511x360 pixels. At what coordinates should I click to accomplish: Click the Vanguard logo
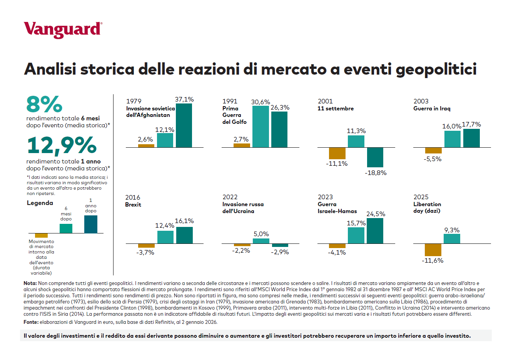[63, 30]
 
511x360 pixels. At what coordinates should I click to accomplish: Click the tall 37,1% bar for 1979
[184, 125]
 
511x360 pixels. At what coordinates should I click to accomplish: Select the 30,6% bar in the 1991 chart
[261, 127]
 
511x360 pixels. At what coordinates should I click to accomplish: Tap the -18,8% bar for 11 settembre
[375, 157]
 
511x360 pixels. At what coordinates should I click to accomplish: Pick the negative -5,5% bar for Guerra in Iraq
[433, 150]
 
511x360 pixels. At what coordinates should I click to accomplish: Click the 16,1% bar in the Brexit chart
[184, 235]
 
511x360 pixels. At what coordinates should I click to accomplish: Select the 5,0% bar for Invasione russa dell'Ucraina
[261, 241]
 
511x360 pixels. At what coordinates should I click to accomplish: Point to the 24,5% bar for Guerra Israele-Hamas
[375, 231]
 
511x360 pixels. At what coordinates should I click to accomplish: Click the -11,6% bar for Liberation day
[433, 250]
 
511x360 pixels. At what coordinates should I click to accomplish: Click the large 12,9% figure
[62, 145]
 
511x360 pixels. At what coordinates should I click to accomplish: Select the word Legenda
[40, 203]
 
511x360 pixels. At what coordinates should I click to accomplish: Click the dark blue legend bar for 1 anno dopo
[91, 224]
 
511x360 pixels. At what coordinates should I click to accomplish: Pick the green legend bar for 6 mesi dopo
[66, 228]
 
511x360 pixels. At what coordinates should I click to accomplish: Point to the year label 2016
[133, 197]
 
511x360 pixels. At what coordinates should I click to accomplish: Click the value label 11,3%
[356, 131]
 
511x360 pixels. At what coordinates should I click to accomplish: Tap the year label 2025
[421, 197]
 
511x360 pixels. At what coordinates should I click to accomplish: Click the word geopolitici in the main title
[436, 70]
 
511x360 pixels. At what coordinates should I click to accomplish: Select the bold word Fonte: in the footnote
[31, 322]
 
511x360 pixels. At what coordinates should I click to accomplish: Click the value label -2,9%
[280, 252]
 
